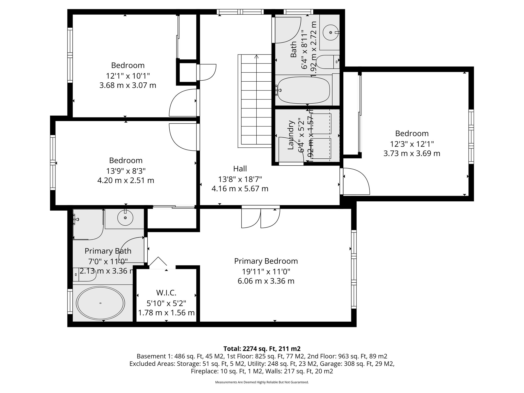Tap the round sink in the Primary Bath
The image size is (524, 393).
125,218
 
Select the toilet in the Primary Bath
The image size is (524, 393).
84,275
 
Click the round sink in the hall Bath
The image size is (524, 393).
331,32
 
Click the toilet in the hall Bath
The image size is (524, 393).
327,62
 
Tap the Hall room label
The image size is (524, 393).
240,169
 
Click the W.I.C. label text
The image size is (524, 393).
166,293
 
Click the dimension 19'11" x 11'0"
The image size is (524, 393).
266,271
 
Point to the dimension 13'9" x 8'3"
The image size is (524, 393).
126,171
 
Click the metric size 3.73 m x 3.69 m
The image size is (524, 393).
412,154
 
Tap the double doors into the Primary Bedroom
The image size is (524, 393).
260,218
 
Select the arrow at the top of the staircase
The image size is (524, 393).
256,57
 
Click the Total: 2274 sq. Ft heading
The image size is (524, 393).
262,349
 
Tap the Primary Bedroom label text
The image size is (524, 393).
266,261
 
